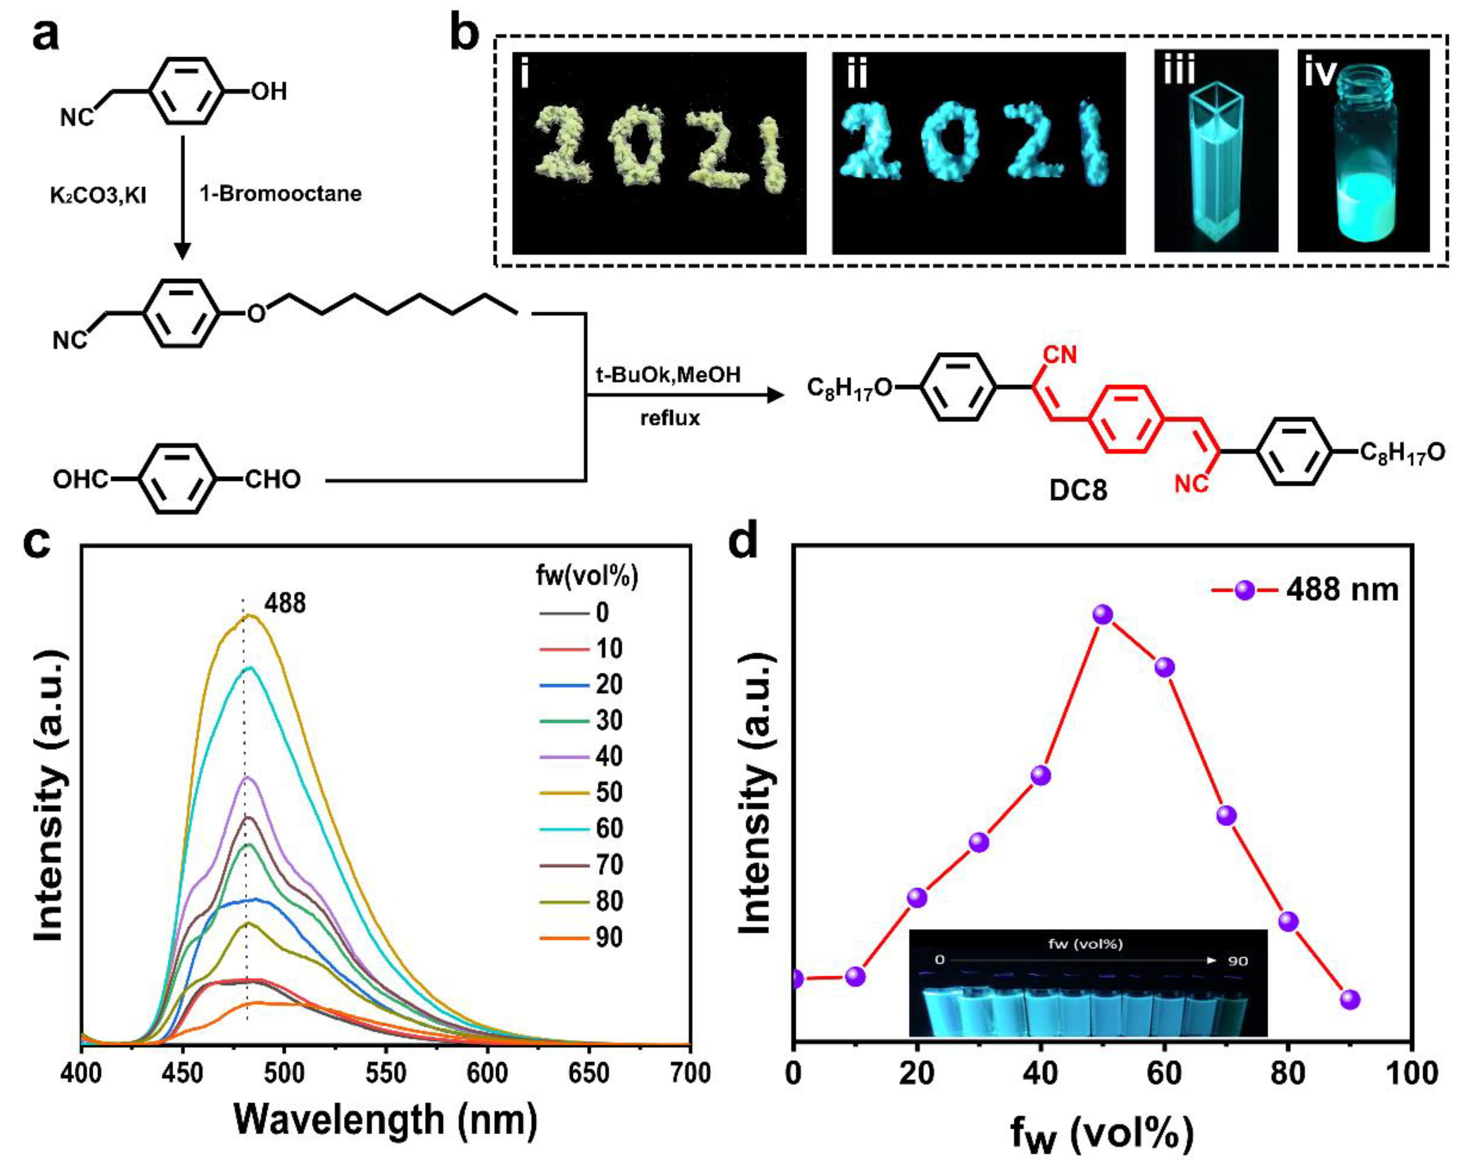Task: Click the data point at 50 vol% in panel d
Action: click(x=1103, y=615)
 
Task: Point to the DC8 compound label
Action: click(x=1078, y=491)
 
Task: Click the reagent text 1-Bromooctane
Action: click(x=280, y=194)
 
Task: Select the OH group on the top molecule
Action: click(x=269, y=91)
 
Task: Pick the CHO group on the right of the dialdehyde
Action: click(x=272, y=480)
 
